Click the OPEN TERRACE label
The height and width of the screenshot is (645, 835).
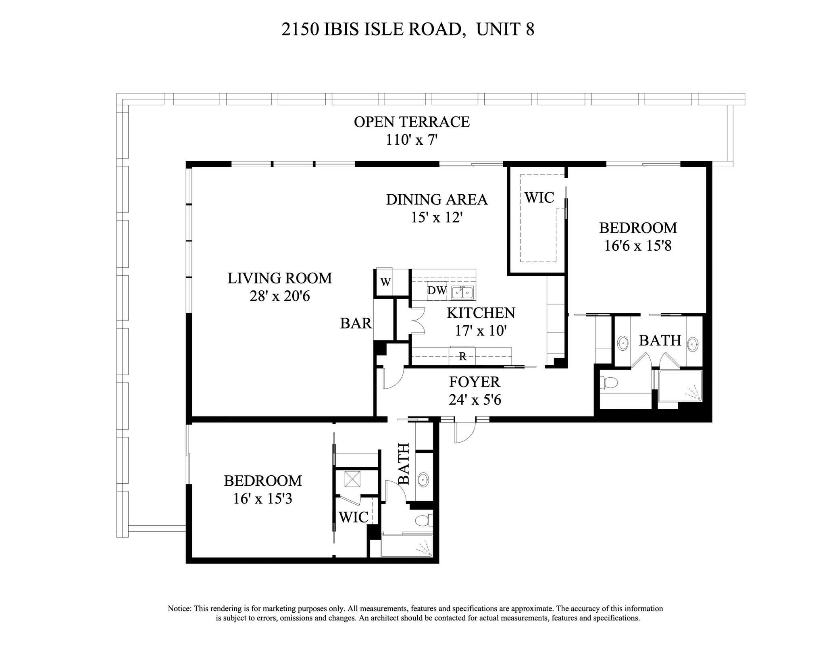point(412,122)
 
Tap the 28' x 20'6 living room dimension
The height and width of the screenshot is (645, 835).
point(279,297)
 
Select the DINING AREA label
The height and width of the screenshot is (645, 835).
point(437,200)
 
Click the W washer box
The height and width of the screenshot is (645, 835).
point(385,282)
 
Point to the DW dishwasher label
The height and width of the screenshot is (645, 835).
point(437,291)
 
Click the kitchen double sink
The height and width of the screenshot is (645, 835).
point(462,292)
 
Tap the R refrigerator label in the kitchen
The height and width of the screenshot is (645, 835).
point(463,356)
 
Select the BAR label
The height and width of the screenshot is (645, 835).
point(356,323)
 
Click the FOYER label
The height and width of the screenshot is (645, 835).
point(475,382)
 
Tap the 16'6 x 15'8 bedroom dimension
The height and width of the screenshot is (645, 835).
point(637,246)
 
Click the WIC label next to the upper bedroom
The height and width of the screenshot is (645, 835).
point(539,198)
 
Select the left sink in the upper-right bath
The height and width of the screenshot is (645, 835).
point(623,343)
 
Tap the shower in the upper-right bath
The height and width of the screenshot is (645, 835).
point(681,386)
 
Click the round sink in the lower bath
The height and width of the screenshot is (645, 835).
point(423,479)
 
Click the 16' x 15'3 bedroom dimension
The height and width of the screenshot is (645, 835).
point(262,499)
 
